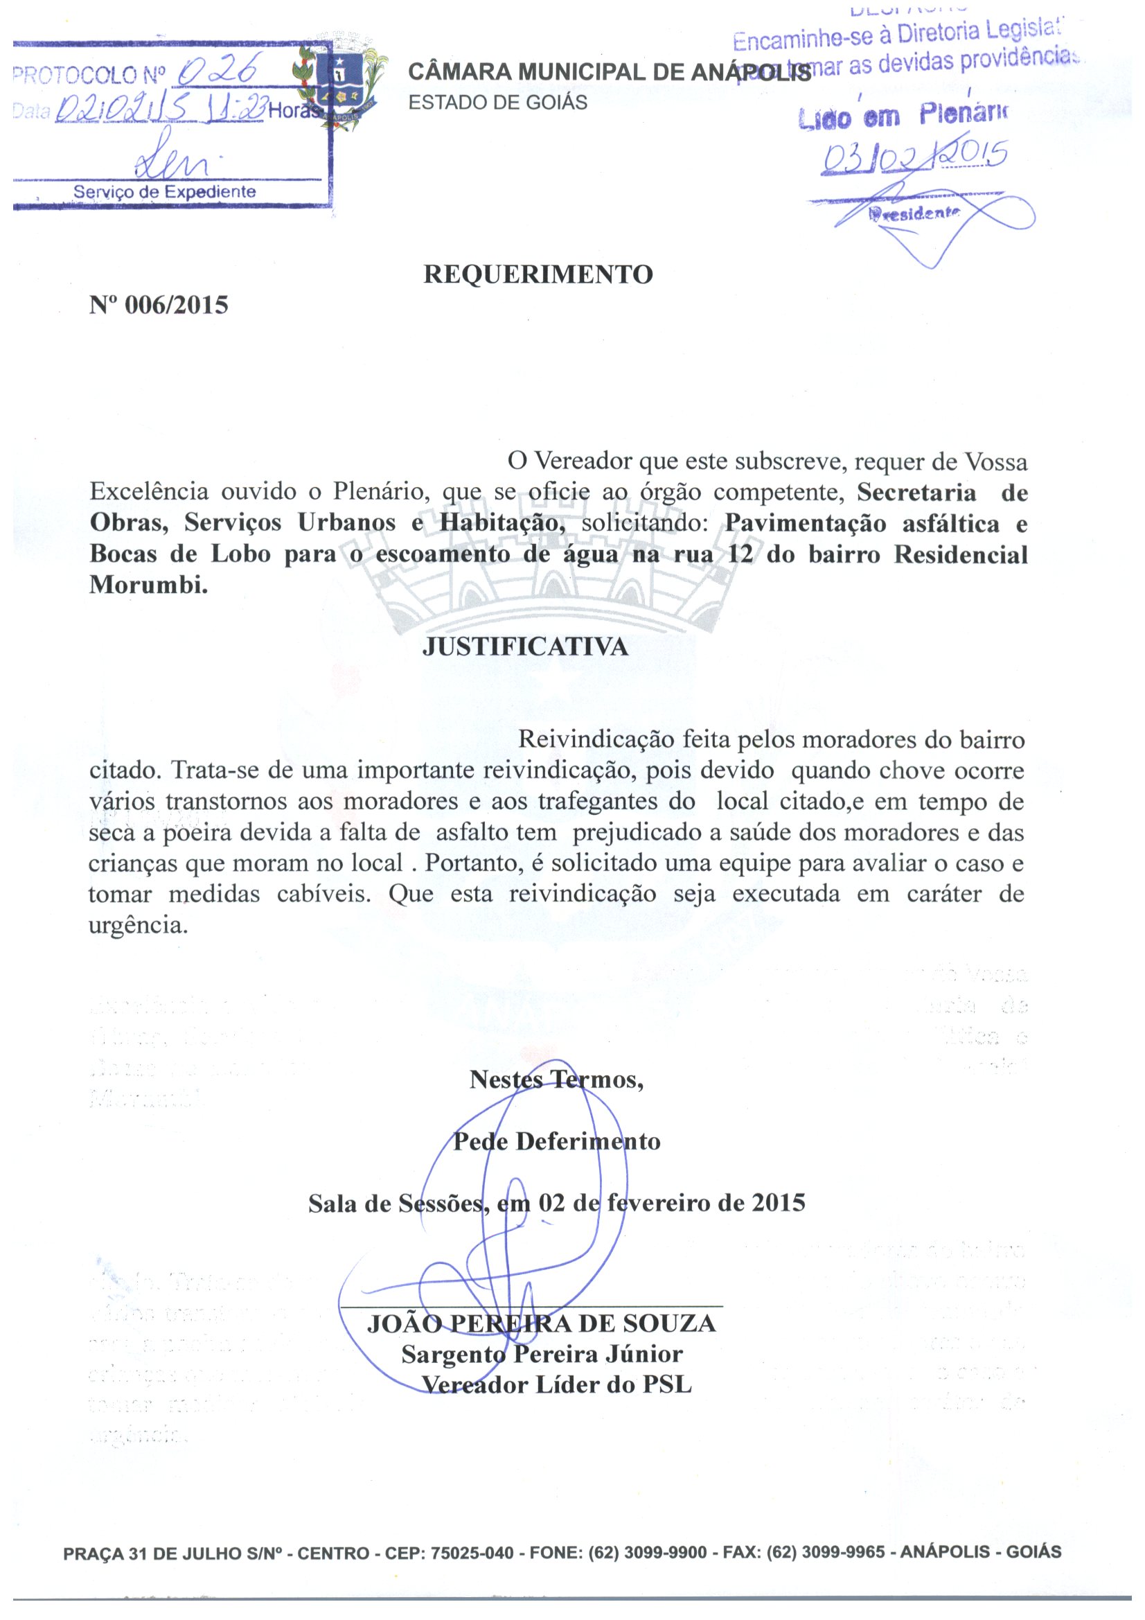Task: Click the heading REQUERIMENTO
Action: (x=538, y=274)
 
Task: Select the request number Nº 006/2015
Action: (x=159, y=305)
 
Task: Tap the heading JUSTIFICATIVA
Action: (x=525, y=647)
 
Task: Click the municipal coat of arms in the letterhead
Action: (x=341, y=85)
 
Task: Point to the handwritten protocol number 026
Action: (x=220, y=71)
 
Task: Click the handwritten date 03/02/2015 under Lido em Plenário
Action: (x=914, y=157)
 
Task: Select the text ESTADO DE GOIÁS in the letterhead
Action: (x=497, y=103)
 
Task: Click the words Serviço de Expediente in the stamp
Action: (x=164, y=192)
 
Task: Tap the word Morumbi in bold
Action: (x=148, y=585)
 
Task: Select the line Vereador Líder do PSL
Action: (x=557, y=1384)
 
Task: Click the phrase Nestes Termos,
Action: (x=556, y=1080)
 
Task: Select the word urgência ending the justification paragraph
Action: (x=139, y=925)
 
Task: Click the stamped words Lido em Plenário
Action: (x=904, y=116)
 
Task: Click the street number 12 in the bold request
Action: (x=740, y=554)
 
